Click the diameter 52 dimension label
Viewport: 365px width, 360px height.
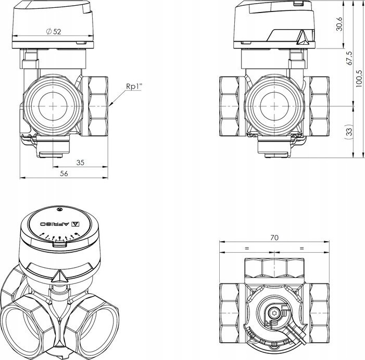click(x=54, y=31)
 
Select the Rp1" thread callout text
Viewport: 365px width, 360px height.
click(x=134, y=86)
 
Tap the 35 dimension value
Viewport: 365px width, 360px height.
click(x=80, y=163)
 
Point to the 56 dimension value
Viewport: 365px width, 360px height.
click(x=64, y=173)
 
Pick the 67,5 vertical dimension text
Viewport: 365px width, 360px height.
click(x=349, y=58)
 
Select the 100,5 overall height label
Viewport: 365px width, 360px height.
click(x=359, y=78)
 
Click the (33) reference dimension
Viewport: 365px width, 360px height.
click(x=349, y=132)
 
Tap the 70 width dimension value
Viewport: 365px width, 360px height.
click(x=274, y=238)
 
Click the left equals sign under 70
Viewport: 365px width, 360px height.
click(x=247, y=249)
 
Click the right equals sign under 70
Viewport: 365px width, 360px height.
click(x=302, y=249)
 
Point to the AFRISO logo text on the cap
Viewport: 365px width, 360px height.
click(x=55, y=224)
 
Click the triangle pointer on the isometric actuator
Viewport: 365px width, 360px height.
click(x=60, y=277)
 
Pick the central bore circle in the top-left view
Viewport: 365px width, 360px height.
click(x=53, y=106)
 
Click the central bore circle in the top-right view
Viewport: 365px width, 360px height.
click(x=274, y=106)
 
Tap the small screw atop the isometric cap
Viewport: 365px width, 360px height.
click(x=59, y=209)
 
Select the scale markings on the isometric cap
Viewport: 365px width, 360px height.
click(x=59, y=237)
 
